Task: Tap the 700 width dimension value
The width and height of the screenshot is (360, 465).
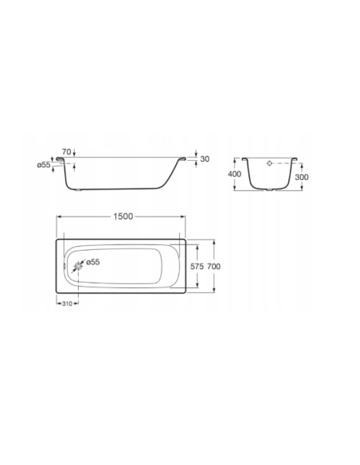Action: coord(213,268)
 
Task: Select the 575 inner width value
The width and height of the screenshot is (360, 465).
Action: coord(198,268)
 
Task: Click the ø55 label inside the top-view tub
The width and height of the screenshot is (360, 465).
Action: coord(92,261)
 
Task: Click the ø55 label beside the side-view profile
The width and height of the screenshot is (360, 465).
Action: coord(44,165)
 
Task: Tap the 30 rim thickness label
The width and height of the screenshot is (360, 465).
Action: coord(205,159)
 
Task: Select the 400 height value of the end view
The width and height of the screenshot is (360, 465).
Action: coord(234,173)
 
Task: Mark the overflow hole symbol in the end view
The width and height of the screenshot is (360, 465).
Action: coord(270,163)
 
